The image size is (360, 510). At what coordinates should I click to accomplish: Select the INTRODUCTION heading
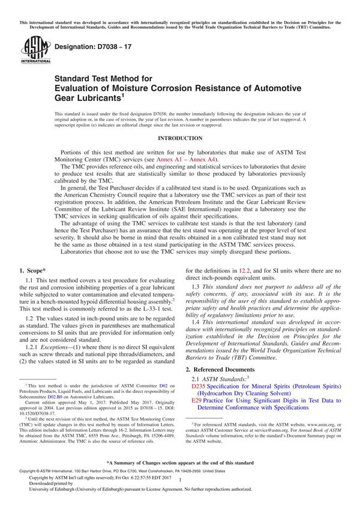(180, 138)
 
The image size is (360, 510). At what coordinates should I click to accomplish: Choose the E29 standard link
(197, 400)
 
